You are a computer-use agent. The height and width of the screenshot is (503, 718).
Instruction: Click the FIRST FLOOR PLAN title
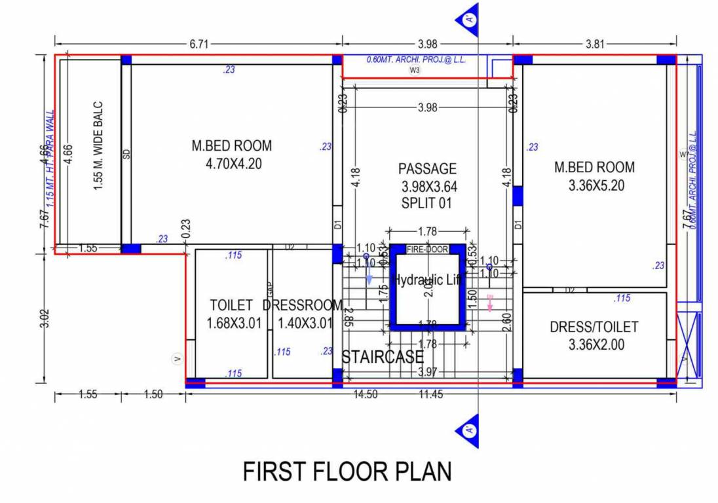click(347, 472)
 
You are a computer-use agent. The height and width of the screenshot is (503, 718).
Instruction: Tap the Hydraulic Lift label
click(427, 280)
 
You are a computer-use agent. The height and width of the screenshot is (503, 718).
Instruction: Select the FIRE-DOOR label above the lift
click(427, 250)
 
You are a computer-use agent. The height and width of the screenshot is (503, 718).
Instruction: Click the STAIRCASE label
click(383, 357)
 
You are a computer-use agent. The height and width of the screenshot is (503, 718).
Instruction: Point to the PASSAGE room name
click(427, 169)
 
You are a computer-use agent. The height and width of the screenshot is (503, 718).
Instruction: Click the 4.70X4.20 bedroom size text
click(233, 164)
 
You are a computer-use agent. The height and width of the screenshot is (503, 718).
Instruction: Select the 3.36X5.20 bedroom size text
click(596, 185)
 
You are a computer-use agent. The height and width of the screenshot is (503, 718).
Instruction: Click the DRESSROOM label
click(303, 305)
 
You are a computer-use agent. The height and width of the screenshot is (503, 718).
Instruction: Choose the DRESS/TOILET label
click(594, 327)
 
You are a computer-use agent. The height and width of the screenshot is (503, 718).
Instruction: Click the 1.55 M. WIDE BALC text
click(98, 145)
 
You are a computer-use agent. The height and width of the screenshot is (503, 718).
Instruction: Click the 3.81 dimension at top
click(595, 44)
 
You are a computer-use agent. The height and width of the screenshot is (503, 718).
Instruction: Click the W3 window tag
click(414, 69)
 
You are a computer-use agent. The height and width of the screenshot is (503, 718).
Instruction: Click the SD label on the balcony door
click(126, 154)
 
